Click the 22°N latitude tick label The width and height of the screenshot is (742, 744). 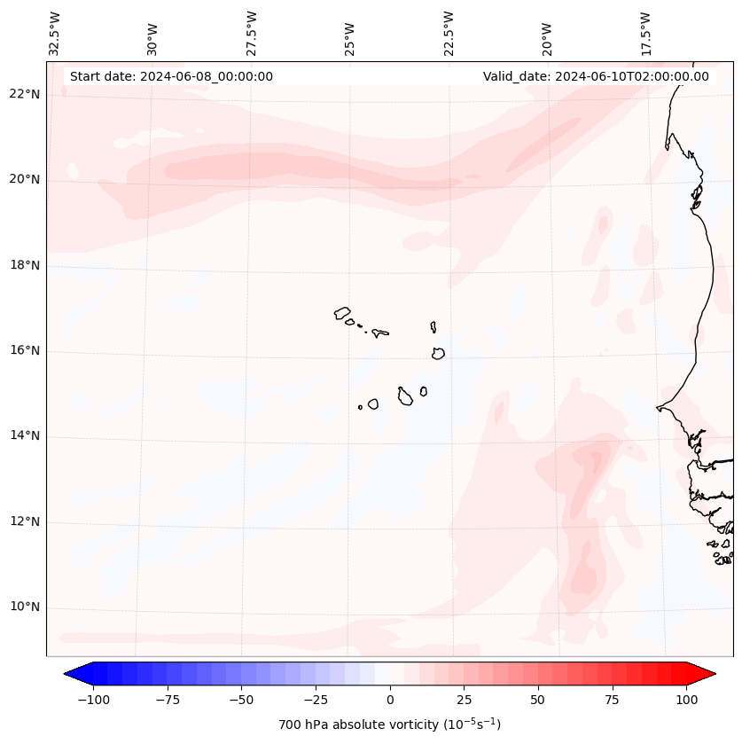tap(25, 94)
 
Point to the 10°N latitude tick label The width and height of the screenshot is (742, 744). tap(25, 607)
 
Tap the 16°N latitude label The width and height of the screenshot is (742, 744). tap(25, 350)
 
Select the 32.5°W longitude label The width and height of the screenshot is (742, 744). tap(55, 33)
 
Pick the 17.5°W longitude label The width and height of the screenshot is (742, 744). tap(646, 33)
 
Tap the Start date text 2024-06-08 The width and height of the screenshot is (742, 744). tap(171, 76)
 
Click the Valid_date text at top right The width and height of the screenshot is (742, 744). tap(596, 76)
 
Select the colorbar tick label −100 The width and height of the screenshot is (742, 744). tap(93, 701)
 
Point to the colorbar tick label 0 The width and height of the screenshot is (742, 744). tap(390, 701)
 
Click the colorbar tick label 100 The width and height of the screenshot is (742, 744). tap(686, 701)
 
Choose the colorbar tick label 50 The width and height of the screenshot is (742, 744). tap(538, 701)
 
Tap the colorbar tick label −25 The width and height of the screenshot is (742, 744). tap(316, 701)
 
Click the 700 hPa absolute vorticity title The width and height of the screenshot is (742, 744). tap(390, 724)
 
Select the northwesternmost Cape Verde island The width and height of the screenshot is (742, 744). tap(342, 313)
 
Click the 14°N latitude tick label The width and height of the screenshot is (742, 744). tap(25, 436)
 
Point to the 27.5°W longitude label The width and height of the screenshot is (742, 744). tap(252, 33)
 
